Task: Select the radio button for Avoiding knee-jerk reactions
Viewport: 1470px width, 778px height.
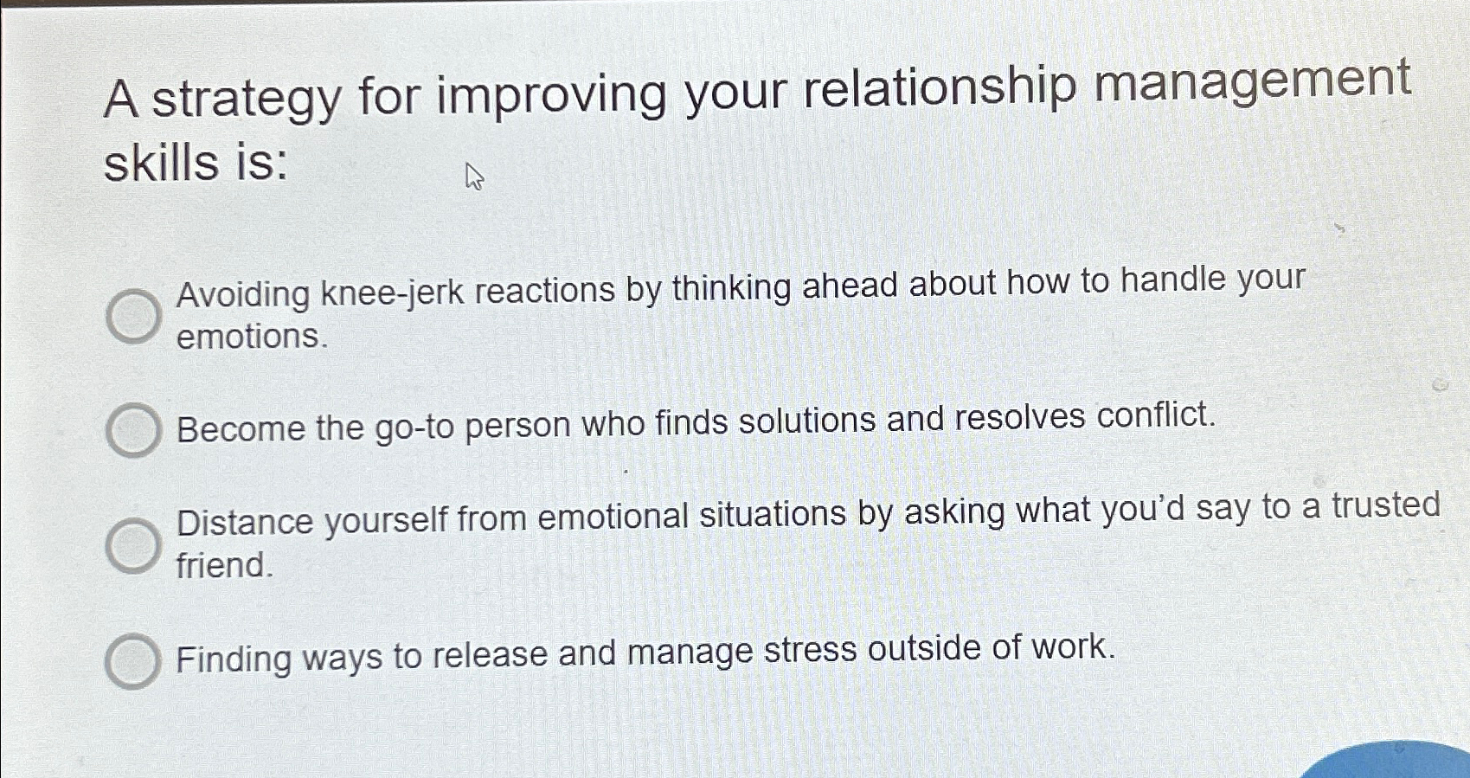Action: coord(133,316)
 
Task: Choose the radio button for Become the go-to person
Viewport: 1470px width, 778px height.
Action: coord(133,429)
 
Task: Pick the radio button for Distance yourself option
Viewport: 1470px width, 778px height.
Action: coord(133,545)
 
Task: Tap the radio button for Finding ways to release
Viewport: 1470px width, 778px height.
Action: coord(132,661)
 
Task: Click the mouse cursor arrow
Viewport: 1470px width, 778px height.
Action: coord(473,177)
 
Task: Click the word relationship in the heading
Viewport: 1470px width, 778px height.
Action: coord(940,88)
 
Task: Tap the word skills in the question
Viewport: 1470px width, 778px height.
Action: coord(161,162)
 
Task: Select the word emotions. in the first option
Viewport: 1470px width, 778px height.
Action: coord(252,337)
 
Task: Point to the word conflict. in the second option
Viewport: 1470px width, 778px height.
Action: coord(1156,415)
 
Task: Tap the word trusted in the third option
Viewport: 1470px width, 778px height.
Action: coord(1385,505)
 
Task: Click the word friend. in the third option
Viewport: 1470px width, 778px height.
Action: coord(224,566)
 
